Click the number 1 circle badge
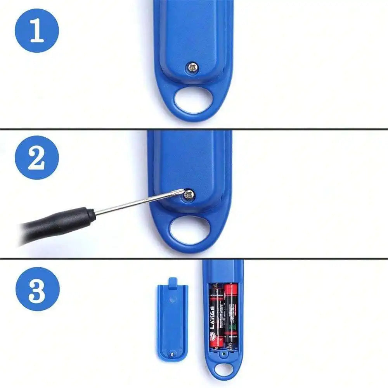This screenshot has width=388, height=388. click(x=37, y=31)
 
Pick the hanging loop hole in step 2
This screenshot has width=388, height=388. click(x=189, y=230)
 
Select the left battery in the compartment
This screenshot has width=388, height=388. click(x=217, y=314)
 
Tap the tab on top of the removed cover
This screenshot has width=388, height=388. click(x=173, y=282)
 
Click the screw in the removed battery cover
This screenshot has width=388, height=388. click(x=172, y=353)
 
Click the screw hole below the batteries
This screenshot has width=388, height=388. click(x=223, y=353)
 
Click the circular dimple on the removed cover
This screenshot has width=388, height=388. click(x=173, y=299)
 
